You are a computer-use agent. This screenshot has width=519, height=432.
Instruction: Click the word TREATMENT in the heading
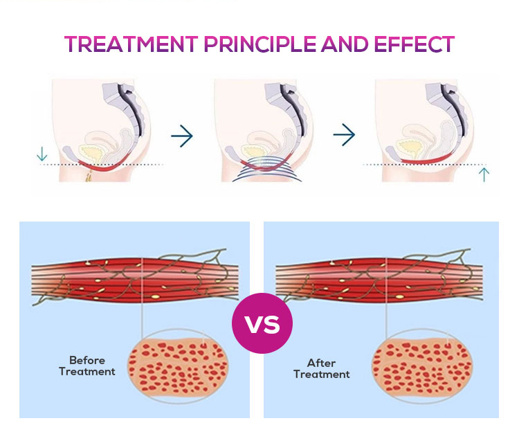130,44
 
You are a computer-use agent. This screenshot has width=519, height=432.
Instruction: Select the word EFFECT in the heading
412,44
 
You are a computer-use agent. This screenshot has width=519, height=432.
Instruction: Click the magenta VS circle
262,323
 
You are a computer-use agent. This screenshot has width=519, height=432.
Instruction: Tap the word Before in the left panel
86,360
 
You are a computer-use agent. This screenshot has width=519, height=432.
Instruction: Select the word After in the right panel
321,363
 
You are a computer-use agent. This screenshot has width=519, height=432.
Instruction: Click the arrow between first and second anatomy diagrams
182,136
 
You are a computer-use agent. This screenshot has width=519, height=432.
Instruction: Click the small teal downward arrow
42,153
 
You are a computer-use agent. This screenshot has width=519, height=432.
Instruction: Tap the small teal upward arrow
484,174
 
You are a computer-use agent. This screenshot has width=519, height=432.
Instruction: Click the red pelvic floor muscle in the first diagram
104,167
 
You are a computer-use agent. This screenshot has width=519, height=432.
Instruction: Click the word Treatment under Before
86,372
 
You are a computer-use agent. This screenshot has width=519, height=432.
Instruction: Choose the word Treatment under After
321,375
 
